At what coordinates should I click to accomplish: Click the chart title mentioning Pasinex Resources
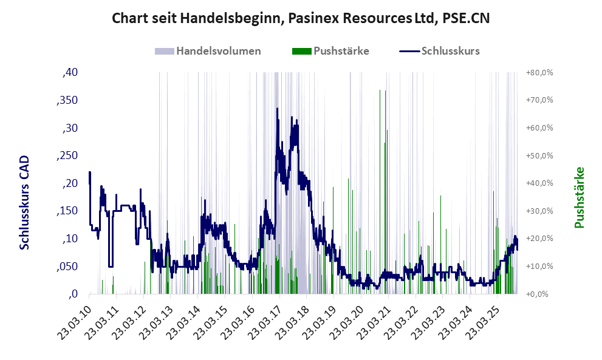click(x=301, y=19)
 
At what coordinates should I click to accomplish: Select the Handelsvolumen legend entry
click(x=218, y=51)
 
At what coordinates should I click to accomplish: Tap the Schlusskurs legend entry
click(x=450, y=51)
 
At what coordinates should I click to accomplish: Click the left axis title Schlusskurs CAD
click(x=25, y=202)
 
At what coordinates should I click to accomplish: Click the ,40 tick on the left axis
click(x=70, y=72)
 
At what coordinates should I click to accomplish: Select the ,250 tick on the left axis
click(x=67, y=155)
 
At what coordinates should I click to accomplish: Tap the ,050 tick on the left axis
click(x=67, y=267)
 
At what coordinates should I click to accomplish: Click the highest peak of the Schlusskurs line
click(x=277, y=109)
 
